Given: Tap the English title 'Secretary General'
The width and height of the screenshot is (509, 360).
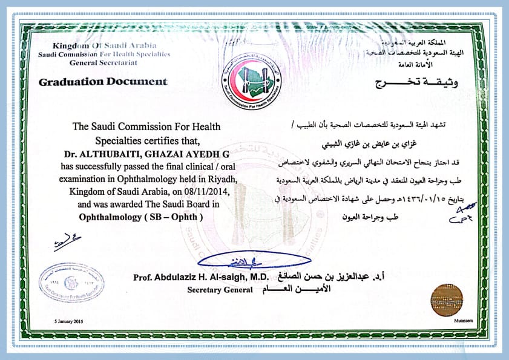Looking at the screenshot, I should pyautogui.click(x=220, y=290).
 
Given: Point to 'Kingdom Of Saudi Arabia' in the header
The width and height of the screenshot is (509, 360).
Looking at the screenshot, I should pyautogui.click(x=105, y=46).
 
